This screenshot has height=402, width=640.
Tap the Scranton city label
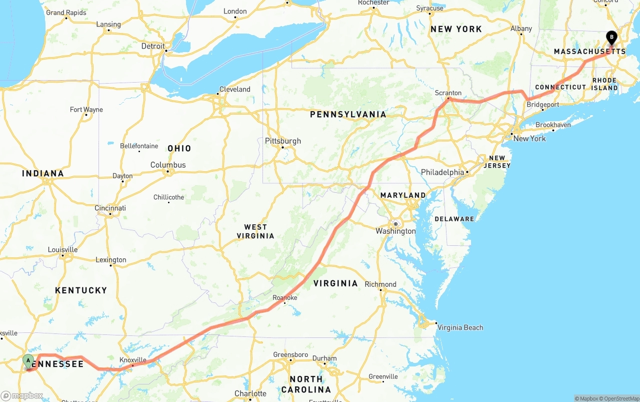click(x=448, y=93)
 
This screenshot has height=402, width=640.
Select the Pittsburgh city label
click(x=283, y=141)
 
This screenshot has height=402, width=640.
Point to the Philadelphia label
click(x=442, y=172)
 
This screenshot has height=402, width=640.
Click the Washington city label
click(x=395, y=231)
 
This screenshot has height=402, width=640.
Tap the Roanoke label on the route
click(x=285, y=298)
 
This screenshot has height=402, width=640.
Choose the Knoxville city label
click(x=133, y=360)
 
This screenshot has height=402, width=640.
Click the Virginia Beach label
click(x=460, y=327)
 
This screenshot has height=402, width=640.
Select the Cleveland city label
click(x=234, y=89)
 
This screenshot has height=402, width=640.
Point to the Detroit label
click(x=153, y=46)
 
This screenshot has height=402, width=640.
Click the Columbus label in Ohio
click(x=168, y=165)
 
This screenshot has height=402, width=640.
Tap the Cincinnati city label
click(x=110, y=208)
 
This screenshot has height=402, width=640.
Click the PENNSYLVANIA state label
click(x=348, y=114)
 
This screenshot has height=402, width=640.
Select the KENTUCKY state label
click(x=81, y=290)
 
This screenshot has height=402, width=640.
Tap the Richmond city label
click(x=380, y=284)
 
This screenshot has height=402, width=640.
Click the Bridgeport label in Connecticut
click(x=543, y=105)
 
